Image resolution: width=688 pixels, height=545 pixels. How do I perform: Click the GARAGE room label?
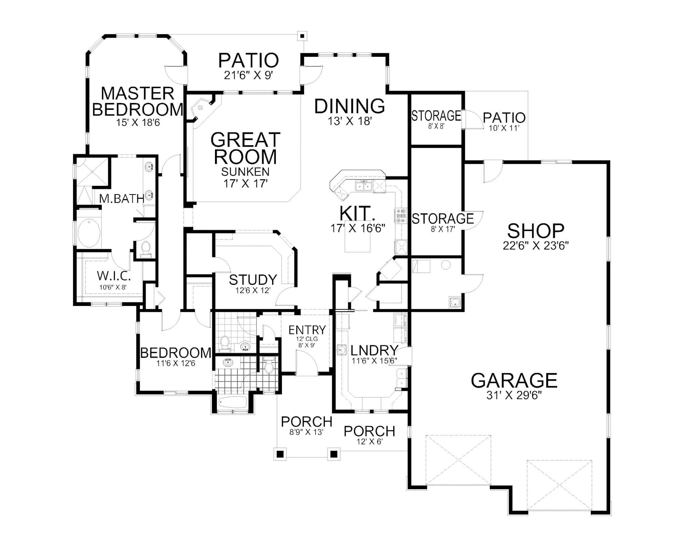point(514,380)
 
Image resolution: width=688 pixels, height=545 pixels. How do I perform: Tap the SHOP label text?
point(535,231)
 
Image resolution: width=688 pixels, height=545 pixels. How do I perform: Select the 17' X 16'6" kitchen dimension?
point(357,228)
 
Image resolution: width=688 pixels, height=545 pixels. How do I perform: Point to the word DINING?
point(349,106)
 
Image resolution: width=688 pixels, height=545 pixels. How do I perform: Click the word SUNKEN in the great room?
point(245,172)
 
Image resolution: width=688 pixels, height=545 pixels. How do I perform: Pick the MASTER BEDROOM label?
point(138,101)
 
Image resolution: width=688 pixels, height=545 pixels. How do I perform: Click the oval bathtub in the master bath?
point(89,233)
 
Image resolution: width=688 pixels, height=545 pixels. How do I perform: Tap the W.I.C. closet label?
point(114,276)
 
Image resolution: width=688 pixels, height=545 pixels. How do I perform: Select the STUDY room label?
point(253,279)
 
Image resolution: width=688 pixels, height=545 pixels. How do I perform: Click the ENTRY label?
point(307,330)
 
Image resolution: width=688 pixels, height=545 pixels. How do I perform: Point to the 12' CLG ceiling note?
point(307,339)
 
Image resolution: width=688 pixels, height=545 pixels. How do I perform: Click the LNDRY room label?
point(374,350)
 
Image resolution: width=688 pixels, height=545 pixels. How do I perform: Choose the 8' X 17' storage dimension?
point(443,229)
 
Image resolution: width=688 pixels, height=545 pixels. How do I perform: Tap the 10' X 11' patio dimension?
point(504,128)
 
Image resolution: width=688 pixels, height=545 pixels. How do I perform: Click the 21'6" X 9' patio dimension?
point(248,75)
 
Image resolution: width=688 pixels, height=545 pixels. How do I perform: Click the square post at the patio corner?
point(303,36)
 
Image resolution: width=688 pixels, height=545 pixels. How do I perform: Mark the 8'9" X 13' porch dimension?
point(306,432)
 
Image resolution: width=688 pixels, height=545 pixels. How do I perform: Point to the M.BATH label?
point(122,199)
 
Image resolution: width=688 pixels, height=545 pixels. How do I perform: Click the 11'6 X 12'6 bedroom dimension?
point(175,363)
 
